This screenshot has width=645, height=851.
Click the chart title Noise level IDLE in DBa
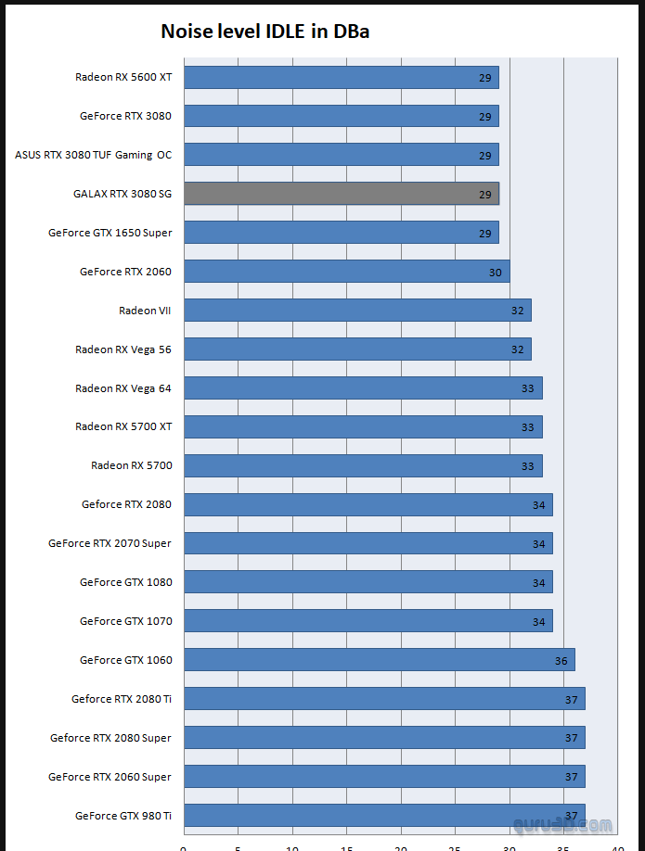pos(266,32)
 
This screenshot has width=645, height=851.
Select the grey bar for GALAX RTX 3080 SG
pos(341,194)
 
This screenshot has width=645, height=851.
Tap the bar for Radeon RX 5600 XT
pos(341,77)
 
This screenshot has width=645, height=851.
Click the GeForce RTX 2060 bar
pos(346,272)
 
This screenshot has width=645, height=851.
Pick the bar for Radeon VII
pos(357,311)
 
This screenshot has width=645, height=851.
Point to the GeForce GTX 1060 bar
pos(379,660)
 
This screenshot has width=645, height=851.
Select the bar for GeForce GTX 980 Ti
pos(384,816)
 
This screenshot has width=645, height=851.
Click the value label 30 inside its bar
pos(496,273)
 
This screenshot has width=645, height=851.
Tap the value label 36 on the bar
pos(561,661)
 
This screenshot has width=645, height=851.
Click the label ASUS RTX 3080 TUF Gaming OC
pos(93,155)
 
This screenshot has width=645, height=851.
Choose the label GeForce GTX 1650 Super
pos(110,233)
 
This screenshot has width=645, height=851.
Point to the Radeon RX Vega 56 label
pos(123,349)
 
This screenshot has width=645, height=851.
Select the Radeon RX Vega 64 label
pos(123,388)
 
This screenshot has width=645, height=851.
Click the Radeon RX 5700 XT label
pos(123,427)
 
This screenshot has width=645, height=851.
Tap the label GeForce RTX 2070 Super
pos(110,543)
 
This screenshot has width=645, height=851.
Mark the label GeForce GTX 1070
pos(125,621)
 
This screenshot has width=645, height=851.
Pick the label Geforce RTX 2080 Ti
pos(122,699)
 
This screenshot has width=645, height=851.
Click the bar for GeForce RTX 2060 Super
pos(384,777)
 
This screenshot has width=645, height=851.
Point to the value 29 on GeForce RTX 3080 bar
pos(485,117)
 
